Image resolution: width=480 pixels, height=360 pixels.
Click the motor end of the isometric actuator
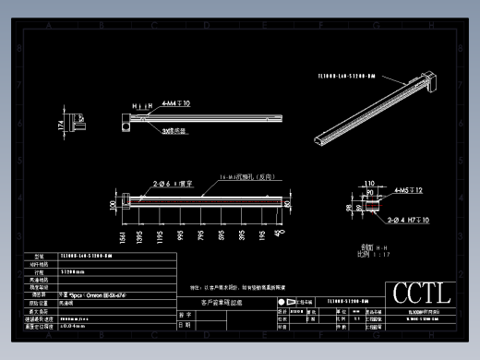pos(430,85)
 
